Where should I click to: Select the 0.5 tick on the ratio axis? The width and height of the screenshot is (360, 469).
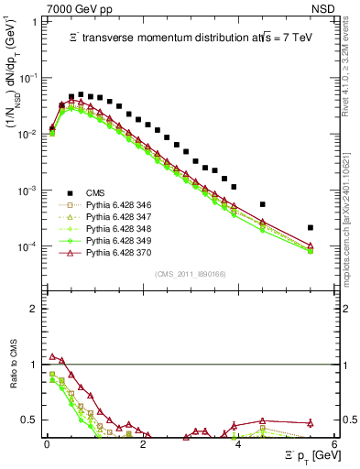coord(29,420)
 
